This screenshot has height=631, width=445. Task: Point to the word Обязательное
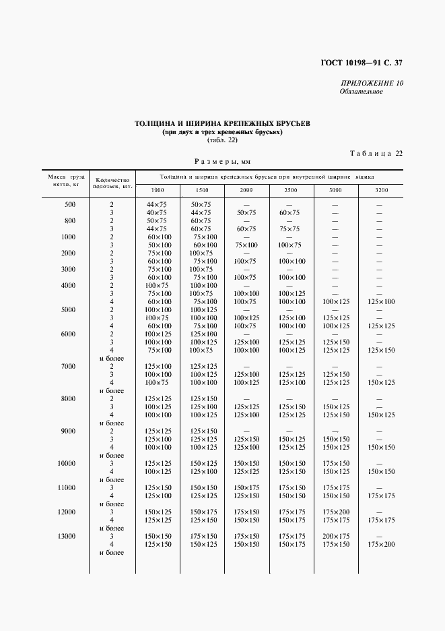[362, 92]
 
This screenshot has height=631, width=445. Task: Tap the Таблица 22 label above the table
[376, 154]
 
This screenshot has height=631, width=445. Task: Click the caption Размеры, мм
[222, 162]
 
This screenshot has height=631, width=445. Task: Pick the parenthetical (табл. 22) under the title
[222, 140]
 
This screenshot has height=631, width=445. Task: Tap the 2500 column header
[289, 191]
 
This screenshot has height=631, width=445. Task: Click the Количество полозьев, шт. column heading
[112, 183]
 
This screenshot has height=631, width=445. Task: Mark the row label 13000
[67, 536]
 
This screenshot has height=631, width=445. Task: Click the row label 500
[70, 204]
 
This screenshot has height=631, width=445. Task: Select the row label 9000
[68, 431]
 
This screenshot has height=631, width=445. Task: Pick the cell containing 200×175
[336, 536]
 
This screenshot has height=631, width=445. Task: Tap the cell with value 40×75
[156, 212]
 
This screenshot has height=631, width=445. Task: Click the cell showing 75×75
[289, 229]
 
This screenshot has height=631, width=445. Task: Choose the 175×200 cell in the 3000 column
[336, 512]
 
